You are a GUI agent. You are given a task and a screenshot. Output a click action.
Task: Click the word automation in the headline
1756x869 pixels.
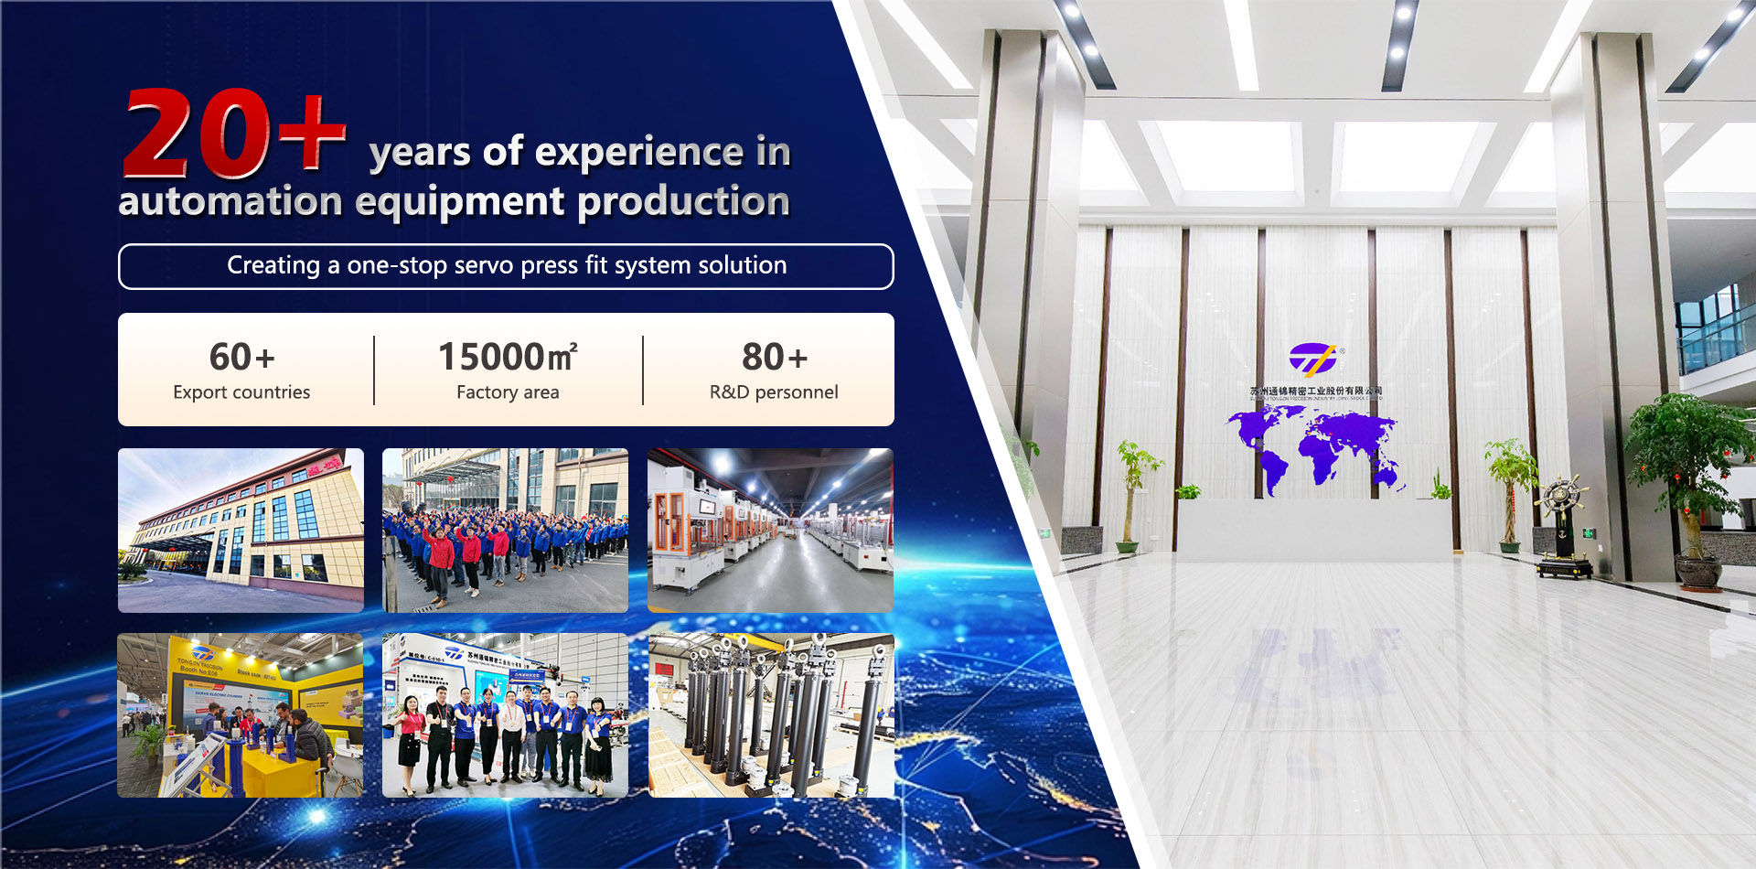230,201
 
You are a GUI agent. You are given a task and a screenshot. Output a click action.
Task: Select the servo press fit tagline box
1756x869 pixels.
506,266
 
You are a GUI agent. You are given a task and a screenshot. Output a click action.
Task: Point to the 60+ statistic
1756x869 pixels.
241,357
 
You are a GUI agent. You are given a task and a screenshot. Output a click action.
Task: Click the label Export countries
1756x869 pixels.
241,392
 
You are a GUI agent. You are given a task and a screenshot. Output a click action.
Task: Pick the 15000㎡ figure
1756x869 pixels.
508,357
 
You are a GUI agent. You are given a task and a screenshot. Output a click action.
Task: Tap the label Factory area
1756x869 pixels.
508,392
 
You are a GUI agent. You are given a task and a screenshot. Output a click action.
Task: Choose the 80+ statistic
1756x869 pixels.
774,357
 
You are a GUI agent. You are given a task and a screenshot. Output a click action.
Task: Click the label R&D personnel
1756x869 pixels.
774,392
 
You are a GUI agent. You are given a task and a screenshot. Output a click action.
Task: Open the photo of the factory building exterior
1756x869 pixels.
241,530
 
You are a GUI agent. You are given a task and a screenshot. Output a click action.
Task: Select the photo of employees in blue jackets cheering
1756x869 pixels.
505,530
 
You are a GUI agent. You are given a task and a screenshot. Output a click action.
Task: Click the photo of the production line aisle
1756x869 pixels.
770,530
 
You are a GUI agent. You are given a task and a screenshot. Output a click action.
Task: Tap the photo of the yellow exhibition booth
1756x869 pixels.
241,715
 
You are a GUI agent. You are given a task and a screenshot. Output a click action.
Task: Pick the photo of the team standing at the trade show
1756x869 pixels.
505,715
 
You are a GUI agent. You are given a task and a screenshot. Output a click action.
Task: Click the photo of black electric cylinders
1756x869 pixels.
771,715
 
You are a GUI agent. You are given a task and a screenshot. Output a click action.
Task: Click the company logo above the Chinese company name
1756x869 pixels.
1312,359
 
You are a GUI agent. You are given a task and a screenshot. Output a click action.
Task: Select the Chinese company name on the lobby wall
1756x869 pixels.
1315,391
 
